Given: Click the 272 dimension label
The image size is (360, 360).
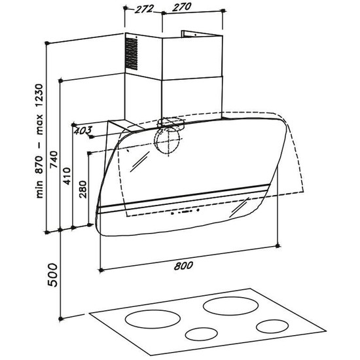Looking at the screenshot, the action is coord(144,9).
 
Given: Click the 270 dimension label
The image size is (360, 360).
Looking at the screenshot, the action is coord(181,7).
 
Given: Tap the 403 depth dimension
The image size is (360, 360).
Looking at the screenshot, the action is coord(83,130).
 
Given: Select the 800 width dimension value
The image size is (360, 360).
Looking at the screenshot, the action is coord(183,266).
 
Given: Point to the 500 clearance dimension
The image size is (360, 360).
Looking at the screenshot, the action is coord(52,275).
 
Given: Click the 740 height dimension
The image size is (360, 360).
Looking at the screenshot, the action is coord(54,159).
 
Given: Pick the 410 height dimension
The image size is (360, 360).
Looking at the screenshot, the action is coord(67,176).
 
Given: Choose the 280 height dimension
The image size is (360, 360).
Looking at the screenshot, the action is coord(83,189).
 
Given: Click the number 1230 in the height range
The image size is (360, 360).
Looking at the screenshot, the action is coord(39,96).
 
